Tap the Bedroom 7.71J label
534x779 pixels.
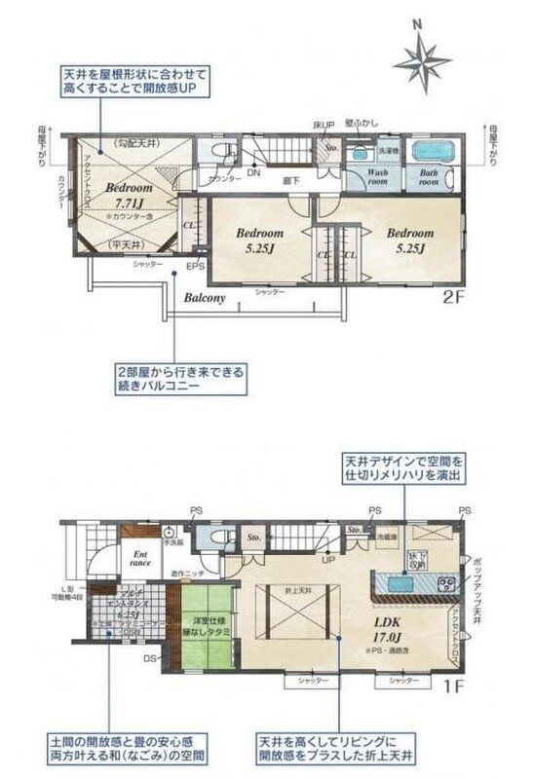[x=129, y=194]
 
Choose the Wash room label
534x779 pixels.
[x=378, y=176]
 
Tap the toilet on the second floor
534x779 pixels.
[x=219, y=151]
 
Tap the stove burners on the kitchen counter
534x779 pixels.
[x=447, y=584]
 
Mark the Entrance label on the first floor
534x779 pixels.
[x=140, y=558]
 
